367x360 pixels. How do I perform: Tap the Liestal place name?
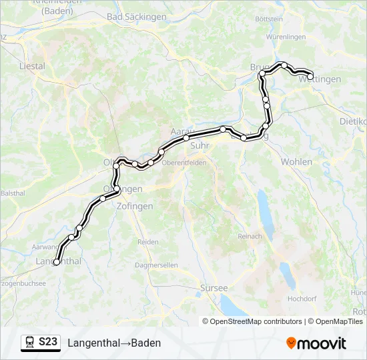(33, 66)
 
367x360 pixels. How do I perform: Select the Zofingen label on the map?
(134, 207)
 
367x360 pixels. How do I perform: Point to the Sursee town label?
(214, 288)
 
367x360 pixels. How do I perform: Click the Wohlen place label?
(296, 162)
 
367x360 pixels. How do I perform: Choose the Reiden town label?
(147, 242)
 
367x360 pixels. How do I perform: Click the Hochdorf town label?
(300, 299)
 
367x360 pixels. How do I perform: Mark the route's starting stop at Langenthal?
(56, 262)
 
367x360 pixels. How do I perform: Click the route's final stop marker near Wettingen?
(310, 77)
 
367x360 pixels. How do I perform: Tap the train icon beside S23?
(30, 343)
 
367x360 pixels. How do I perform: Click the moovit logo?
(316, 343)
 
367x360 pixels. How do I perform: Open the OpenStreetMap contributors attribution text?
(256, 321)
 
